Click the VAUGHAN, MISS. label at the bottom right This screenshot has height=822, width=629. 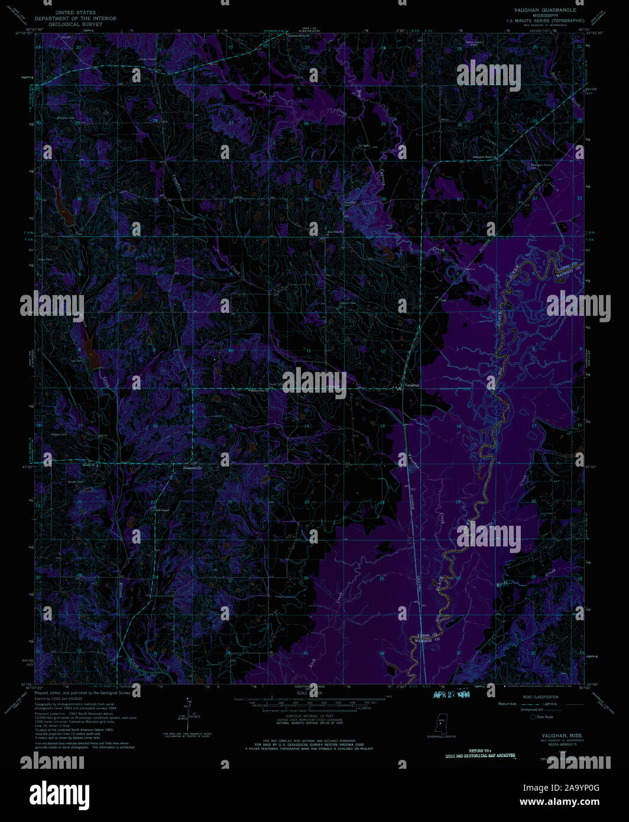point(562,735)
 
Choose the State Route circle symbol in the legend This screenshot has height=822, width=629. point(533,717)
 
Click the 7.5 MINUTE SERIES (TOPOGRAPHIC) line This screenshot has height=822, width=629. point(544,21)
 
